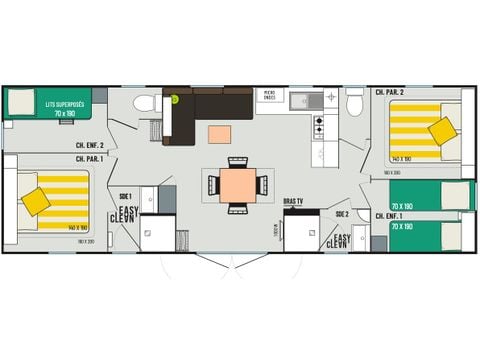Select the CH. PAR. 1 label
coord(93,158)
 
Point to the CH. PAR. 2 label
coord(389,93)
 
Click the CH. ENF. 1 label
coord(388,216)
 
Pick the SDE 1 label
coord(125,196)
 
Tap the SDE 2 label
coord(341,213)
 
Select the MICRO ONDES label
coord(268,96)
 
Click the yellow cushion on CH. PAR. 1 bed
coord(37,201)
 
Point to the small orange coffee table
coord(219,134)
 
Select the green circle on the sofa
coord(173,98)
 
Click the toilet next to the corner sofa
coord(145,103)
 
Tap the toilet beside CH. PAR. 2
coord(355,104)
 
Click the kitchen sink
coord(303,100)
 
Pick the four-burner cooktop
coord(319,127)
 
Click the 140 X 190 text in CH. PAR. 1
coord(77,228)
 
